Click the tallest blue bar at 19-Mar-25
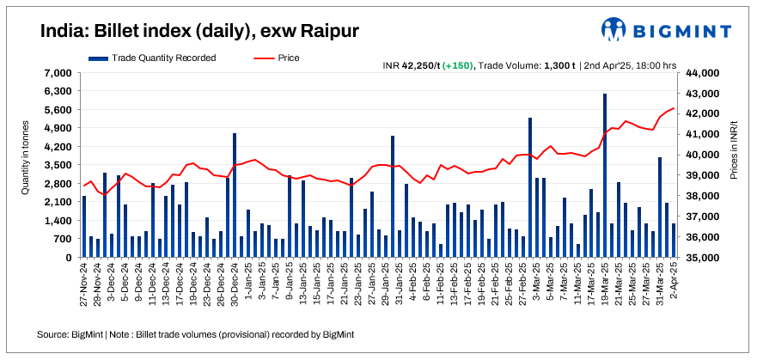pyautogui.click(x=605, y=175)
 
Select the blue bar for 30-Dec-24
pyautogui.click(x=235, y=195)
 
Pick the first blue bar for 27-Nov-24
pyautogui.click(x=84, y=226)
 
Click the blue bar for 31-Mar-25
pyautogui.click(x=660, y=207)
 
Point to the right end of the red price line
pyautogui.click(x=674, y=108)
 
